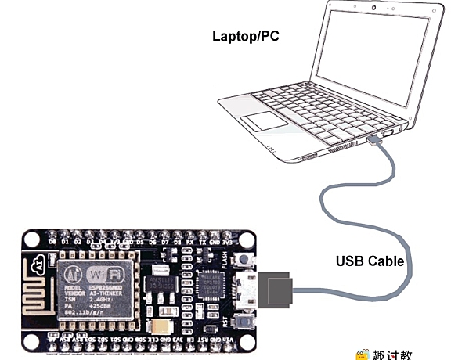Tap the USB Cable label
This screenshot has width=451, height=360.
(370, 261)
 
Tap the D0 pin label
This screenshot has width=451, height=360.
(52, 242)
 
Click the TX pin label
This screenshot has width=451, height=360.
(204, 242)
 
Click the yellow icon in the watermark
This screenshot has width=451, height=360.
(363, 355)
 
